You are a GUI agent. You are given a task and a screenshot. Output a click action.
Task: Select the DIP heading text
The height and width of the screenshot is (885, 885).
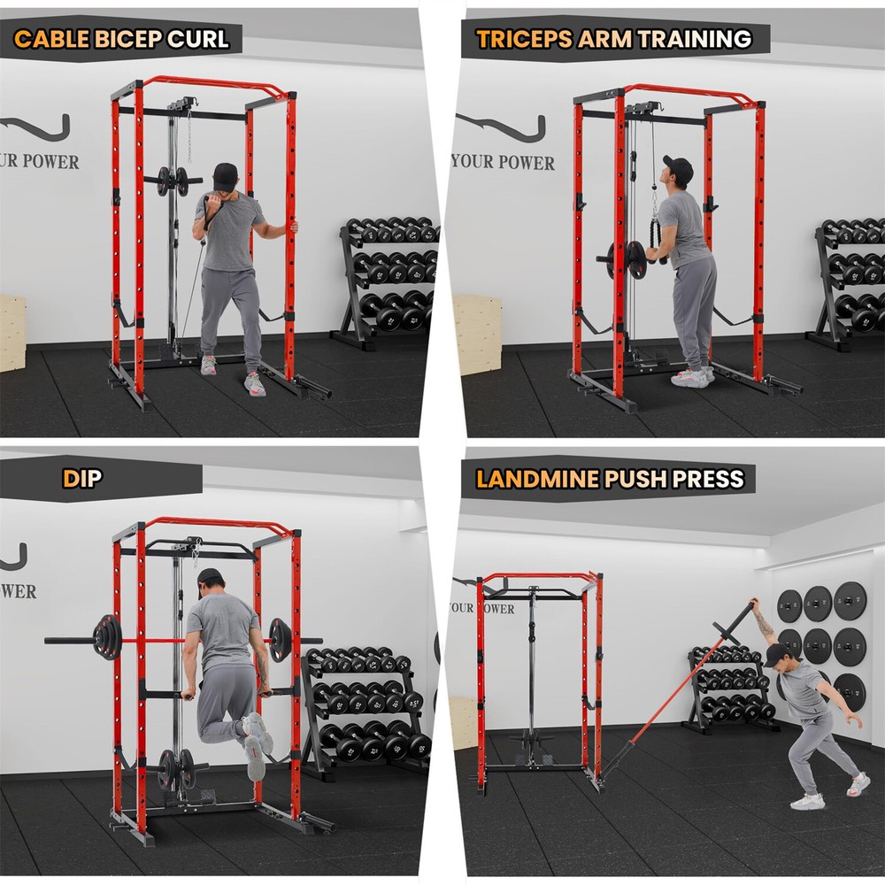[82, 479]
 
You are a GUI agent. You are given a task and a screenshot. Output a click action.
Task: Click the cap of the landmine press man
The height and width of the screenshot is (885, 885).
[777, 654]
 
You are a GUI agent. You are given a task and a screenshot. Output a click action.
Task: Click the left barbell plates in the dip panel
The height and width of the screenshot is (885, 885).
[107, 637]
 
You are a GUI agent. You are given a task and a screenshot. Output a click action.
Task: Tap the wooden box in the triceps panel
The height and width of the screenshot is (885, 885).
[477, 335]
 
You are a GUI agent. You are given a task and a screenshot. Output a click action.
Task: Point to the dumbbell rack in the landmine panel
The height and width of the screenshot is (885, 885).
[727, 690]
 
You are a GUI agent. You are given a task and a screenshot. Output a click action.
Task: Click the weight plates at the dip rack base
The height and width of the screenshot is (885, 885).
[177, 768]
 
